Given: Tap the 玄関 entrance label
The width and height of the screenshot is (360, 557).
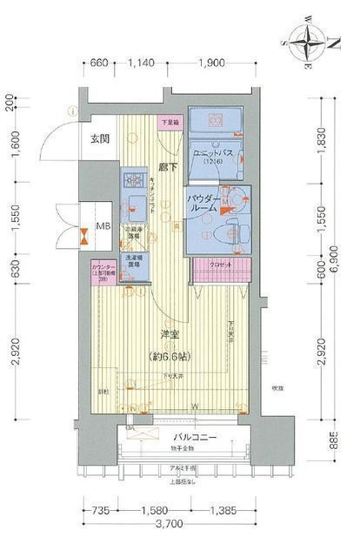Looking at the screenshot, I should pos(101,139).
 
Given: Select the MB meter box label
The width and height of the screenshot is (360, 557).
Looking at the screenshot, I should pos(103,228).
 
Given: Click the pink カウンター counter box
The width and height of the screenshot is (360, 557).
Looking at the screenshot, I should pos(105,271).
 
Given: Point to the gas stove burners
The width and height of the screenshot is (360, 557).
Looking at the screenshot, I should pos(135,180).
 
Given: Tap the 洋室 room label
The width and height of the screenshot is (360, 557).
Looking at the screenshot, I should pos(170,334).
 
